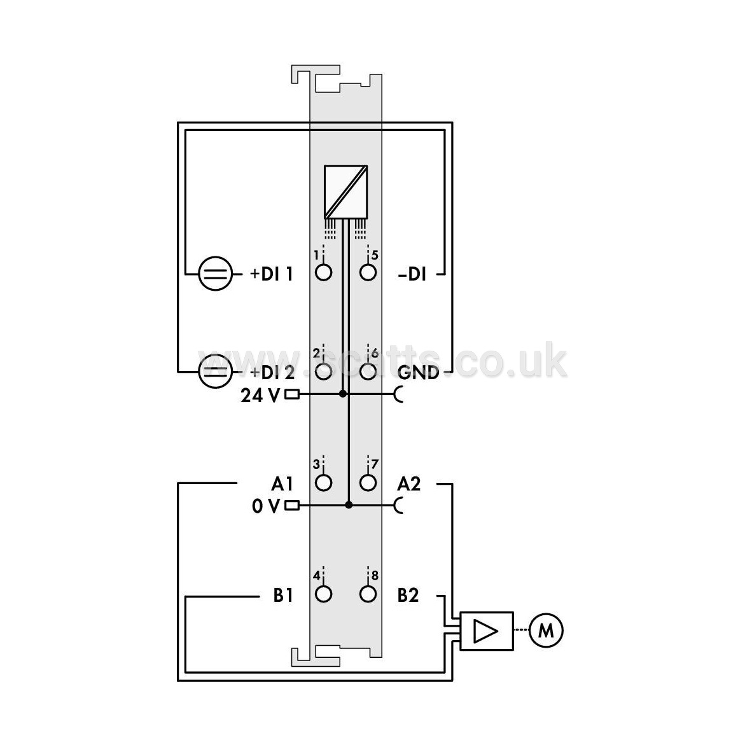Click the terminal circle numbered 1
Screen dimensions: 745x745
(324, 272)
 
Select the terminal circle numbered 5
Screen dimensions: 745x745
(368, 272)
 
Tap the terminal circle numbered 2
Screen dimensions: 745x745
(324, 371)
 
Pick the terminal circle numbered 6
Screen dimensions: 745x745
(368, 371)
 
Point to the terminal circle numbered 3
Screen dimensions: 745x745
(324, 483)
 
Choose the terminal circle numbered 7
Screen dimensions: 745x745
(368, 483)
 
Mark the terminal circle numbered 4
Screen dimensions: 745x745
(324, 594)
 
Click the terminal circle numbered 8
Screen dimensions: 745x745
(368, 594)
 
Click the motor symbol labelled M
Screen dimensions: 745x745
(546, 630)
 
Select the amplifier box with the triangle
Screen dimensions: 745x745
(487, 631)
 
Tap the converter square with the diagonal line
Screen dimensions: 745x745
(345, 191)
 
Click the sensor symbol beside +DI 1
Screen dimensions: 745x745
(215, 274)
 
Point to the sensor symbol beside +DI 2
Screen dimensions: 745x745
(215, 371)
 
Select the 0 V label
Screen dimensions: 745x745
(266, 506)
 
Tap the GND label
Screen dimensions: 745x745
(418, 373)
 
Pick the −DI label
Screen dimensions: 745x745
(412, 274)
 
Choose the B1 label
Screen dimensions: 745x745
(283, 595)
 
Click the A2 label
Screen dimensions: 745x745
(408, 484)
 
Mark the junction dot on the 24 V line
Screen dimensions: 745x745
(342, 394)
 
